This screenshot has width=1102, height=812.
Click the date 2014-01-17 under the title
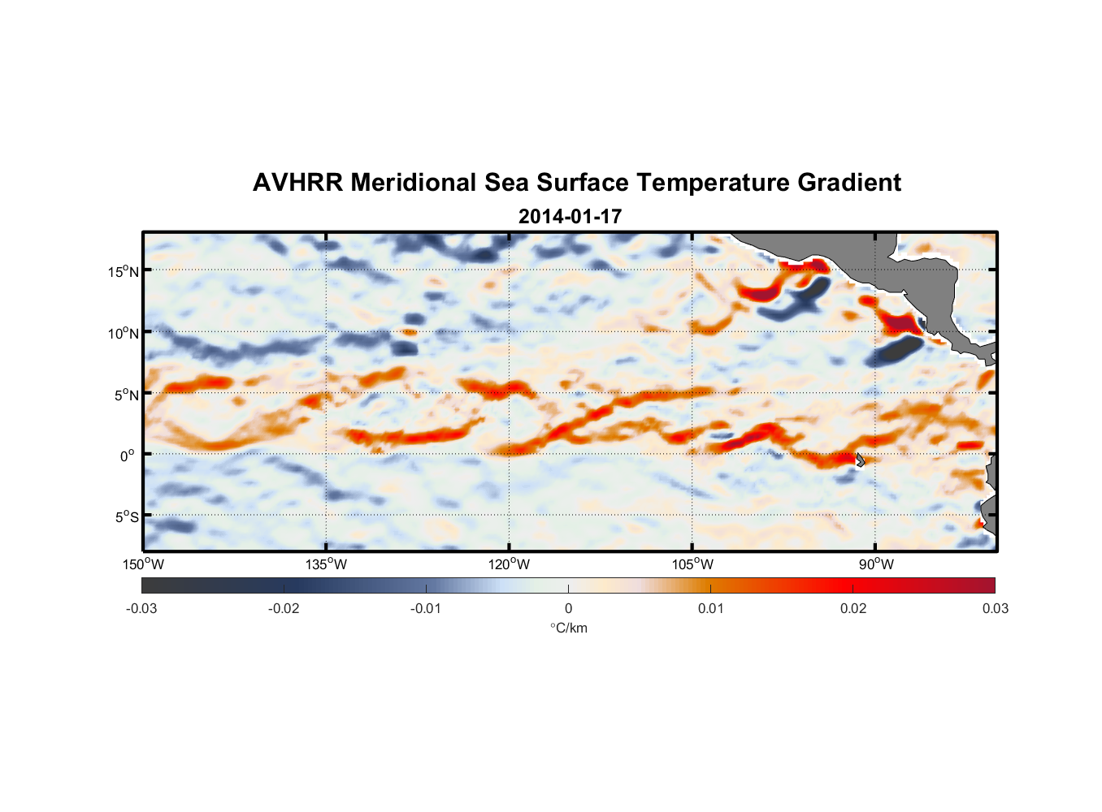coord(570,217)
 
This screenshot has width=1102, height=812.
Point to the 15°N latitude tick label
coord(123,271)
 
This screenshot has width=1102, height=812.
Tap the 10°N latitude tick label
coord(123,333)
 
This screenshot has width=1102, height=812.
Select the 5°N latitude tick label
coord(126,395)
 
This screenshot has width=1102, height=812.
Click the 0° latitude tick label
coord(128,456)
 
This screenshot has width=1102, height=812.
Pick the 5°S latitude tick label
coord(126,516)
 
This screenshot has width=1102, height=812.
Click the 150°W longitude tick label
coord(143,564)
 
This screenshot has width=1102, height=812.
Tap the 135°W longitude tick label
coord(326,564)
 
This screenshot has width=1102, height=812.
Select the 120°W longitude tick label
coord(509,564)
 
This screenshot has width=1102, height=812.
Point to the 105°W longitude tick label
coord(692,564)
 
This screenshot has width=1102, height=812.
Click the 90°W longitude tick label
coord(876,564)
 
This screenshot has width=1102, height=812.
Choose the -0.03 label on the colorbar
coord(141,608)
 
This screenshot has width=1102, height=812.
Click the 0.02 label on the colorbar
coord(853,608)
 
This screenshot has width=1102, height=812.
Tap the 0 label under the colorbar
coord(568,608)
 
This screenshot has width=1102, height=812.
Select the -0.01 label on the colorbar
coord(426,608)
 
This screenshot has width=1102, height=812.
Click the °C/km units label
coord(568,628)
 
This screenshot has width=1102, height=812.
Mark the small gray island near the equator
coord(859,460)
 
